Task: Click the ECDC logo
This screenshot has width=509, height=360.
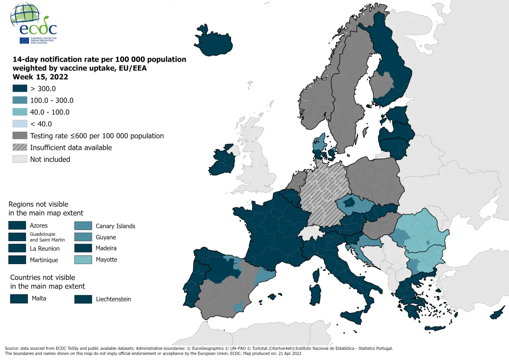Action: pyautogui.click(x=34, y=24)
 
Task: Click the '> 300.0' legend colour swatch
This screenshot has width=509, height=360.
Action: pyautogui.click(x=20, y=88)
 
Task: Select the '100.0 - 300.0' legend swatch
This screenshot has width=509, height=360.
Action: pyautogui.click(x=20, y=100)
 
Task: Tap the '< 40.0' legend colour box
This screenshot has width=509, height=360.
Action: pyautogui.click(x=20, y=124)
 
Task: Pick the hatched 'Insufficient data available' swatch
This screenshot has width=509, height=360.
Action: pyautogui.click(x=20, y=147)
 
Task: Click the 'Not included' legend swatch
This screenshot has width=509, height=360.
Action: pyautogui.click(x=20, y=159)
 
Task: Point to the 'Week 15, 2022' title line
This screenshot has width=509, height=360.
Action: pyautogui.click(x=40, y=77)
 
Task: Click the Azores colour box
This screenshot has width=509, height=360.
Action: pyautogui.click(x=18, y=226)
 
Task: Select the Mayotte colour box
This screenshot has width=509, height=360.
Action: pyautogui.click(x=83, y=260)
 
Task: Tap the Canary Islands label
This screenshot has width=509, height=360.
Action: pyautogui.click(x=115, y=226)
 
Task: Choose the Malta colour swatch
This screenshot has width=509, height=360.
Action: pyautogui.click(x=19, y=299)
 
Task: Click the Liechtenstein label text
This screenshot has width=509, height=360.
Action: pyautogui.click(x=114, y=299)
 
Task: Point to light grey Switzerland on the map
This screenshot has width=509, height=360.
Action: pyautogui.click(x=311, y=234)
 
